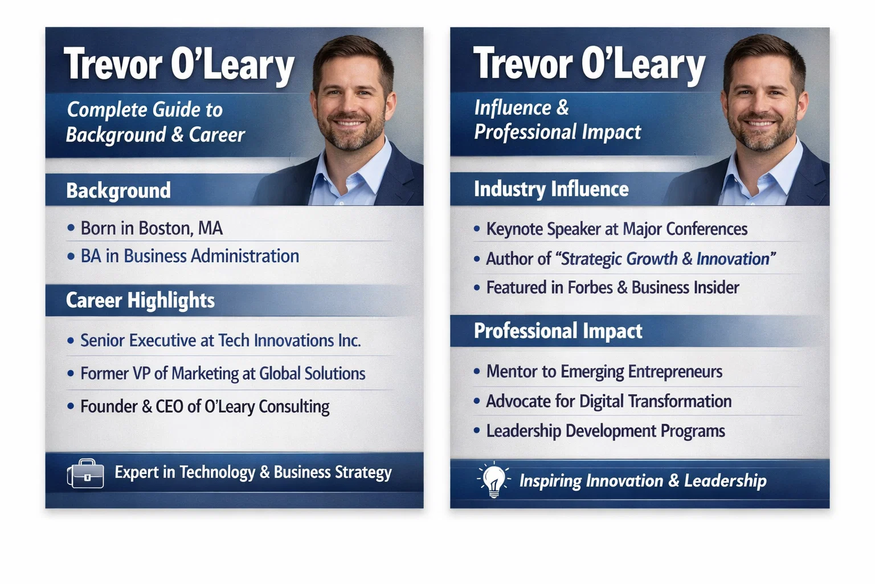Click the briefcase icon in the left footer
click(x=85, y=473)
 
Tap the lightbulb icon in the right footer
click(x=493, y=479)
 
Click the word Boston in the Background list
click(x=165, y=228)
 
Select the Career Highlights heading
click(x=140, y=300)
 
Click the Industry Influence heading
click(x=551, y=189)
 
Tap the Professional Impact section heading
click(x=558, y=331)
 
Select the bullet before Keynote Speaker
click(x=477, y=229)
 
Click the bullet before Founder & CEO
click(x=71, y=407)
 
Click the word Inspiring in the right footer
click(x=550, y=481)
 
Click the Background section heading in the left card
click(x=118, y=190)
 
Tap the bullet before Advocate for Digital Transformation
click(x=477, y=401)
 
